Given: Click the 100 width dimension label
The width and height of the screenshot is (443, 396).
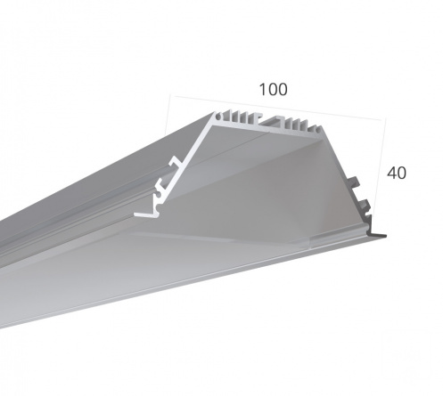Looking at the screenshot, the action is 274,90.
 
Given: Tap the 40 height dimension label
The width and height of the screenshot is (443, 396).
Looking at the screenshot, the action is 397,173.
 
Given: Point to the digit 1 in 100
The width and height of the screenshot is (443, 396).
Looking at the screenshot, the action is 263,90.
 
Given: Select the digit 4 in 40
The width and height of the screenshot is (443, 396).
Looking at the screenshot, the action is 391,173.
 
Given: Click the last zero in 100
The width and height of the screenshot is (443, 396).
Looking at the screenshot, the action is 283,90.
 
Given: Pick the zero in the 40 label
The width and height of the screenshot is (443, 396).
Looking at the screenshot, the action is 402,173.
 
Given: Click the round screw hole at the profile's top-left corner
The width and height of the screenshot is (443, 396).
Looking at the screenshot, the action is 218,117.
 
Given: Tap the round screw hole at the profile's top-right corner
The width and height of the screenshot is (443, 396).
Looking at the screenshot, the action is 318,129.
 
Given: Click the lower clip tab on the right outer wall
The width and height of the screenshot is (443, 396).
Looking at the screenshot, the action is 365,206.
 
